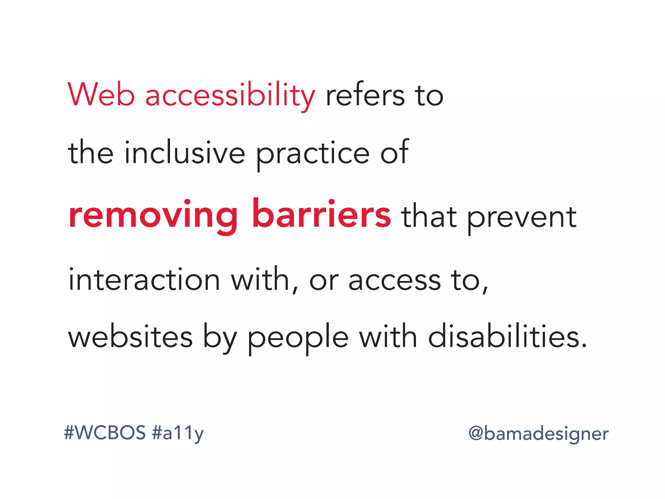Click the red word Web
click(x=101, y=95)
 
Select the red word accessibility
click(x=230, y=95)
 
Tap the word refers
click(x=365, y=95)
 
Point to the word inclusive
click(x=184, y=152)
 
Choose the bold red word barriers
click(x=321, y=214)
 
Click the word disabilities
click(x=508, y=337)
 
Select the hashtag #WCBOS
click(x=105, y=433)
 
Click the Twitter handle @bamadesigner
click(x=538, y=434)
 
